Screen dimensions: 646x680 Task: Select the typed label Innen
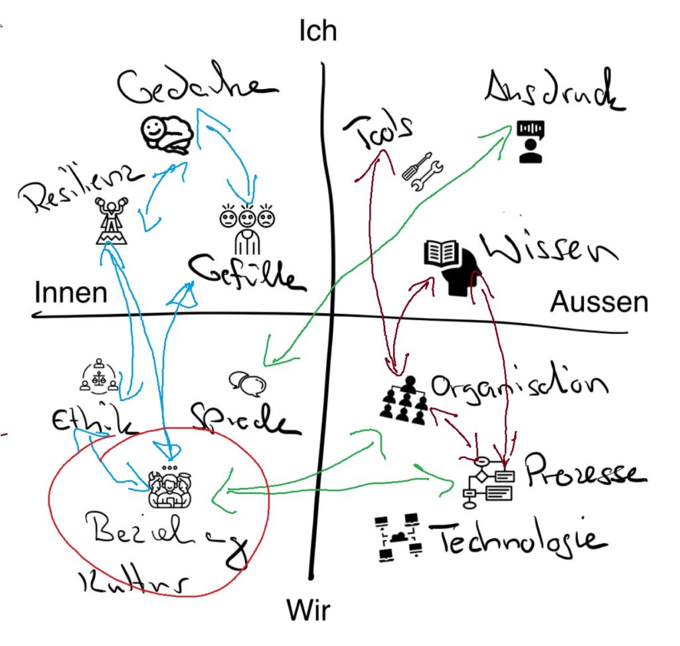point(70,293)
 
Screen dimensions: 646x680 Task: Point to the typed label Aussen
point(598,303)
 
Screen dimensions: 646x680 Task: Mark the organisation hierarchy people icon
point(404,400)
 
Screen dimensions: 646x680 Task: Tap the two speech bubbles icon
point(248,381)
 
